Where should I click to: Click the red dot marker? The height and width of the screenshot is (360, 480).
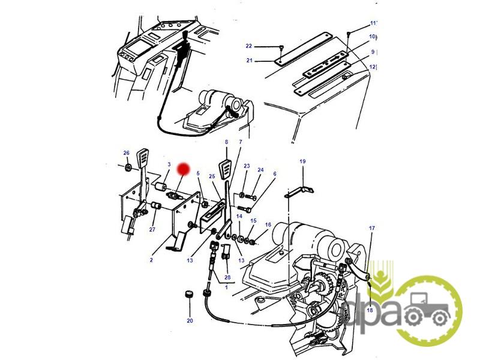184,169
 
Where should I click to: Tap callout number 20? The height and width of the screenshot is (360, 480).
190,320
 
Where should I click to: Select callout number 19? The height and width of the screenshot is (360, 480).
302,161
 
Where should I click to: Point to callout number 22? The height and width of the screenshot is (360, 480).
248,46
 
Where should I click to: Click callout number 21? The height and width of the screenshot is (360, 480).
250,61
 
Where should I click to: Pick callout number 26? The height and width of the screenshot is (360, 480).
127,153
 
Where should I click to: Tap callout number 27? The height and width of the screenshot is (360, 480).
152,229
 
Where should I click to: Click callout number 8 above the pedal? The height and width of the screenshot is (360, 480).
227,142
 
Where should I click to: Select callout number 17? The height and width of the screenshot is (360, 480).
371,228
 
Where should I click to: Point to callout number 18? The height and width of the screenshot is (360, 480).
370,310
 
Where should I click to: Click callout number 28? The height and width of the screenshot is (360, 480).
227,277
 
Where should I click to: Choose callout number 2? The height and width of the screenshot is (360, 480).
151,260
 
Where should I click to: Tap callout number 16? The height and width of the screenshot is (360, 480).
268,224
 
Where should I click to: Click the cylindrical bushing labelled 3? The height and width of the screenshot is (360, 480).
160,186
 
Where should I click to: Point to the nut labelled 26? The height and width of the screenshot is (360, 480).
128,167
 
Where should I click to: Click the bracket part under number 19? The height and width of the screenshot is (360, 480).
299,192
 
